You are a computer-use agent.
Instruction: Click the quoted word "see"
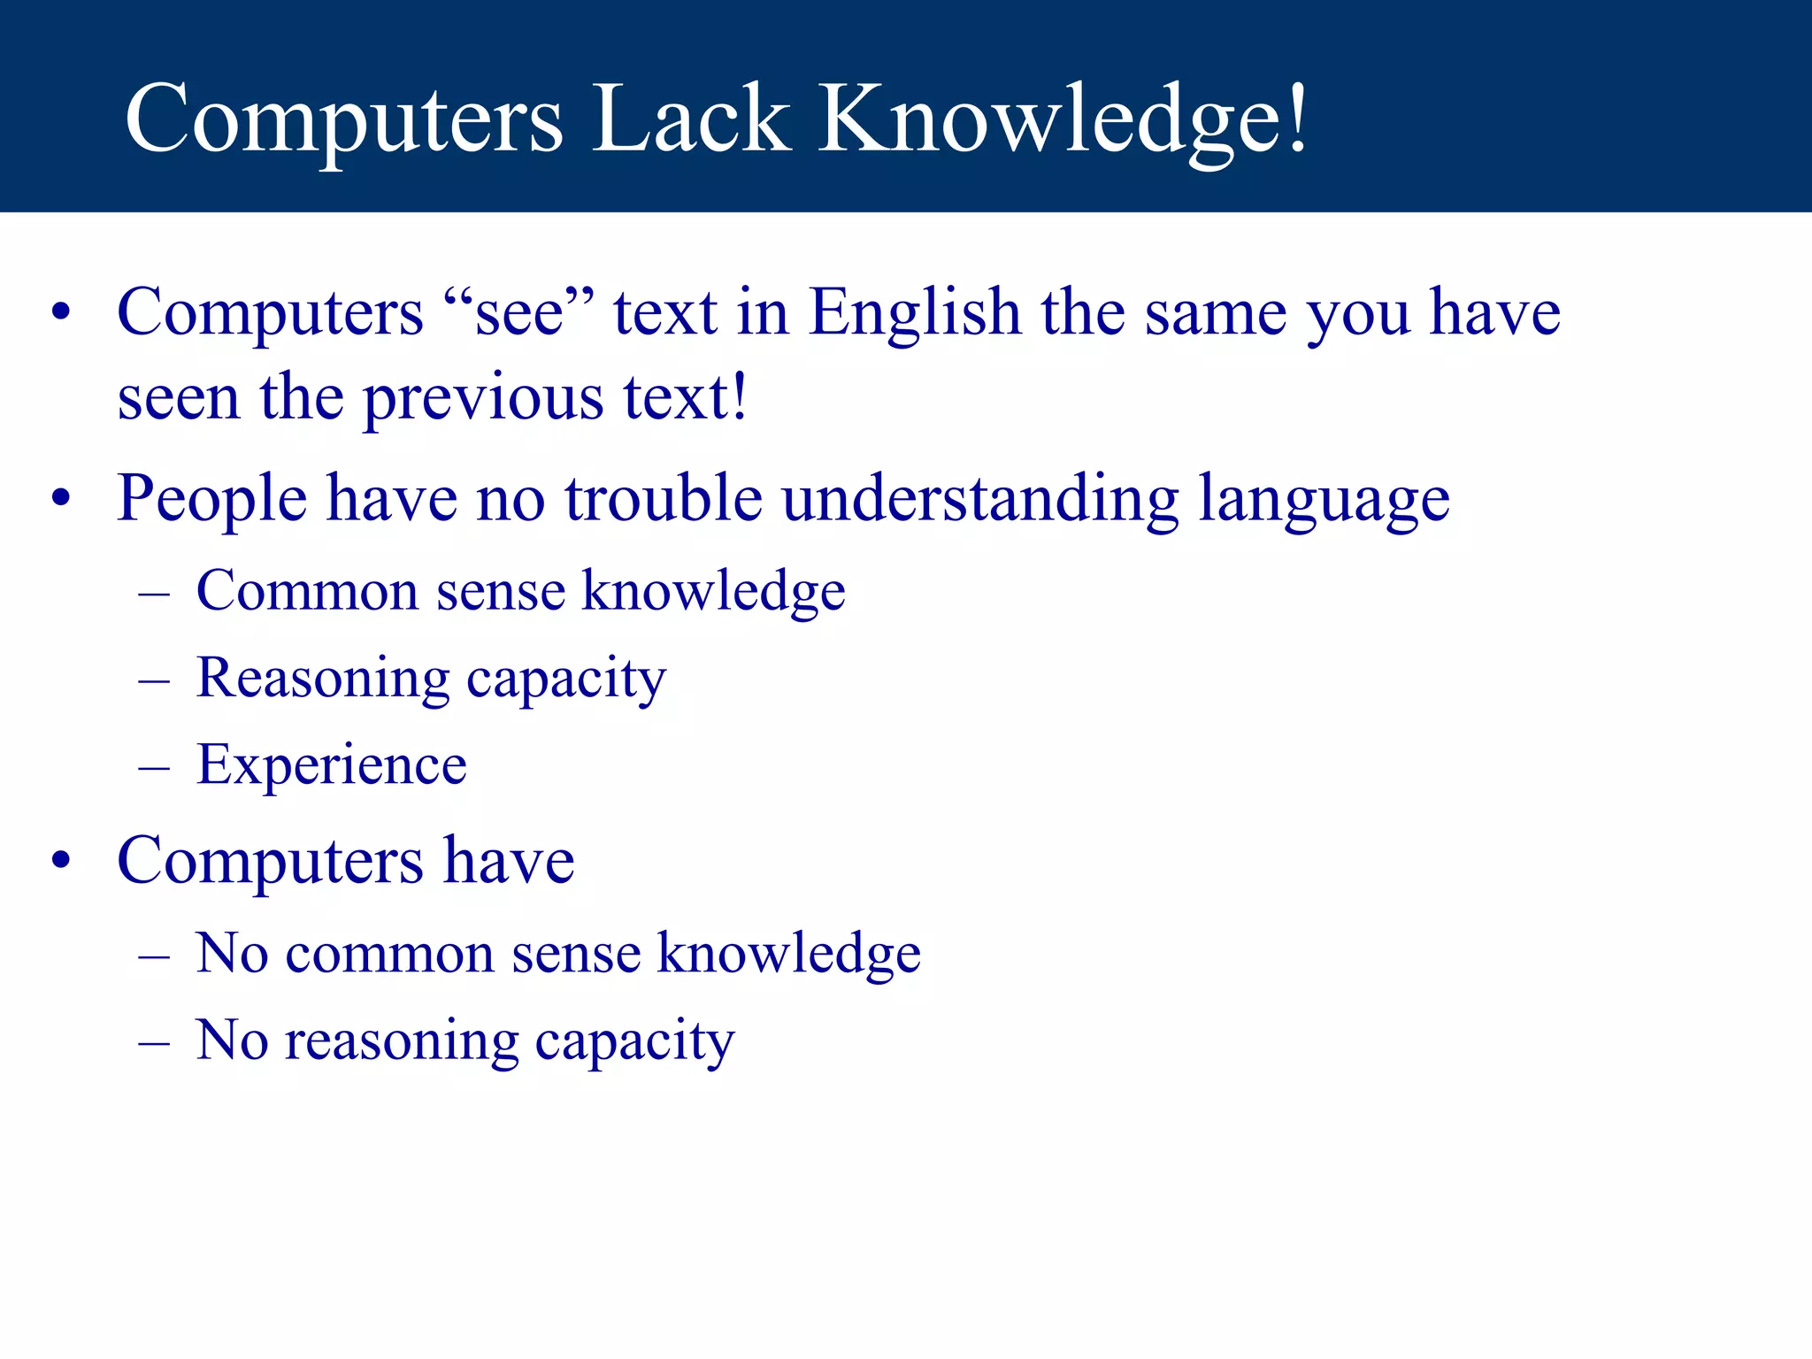point(518,313)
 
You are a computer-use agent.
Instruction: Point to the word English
point(915,315)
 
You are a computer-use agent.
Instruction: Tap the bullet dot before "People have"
point(60,499)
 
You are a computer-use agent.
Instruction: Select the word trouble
point(664,498)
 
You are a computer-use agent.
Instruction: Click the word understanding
point(980,498)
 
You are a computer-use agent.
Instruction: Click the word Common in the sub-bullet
point(307,591)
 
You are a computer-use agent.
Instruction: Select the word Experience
point(332,765)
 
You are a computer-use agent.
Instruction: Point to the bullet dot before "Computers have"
point(60,861)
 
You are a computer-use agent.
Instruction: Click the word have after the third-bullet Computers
point(509,861)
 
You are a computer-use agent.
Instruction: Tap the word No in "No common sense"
point(231,954)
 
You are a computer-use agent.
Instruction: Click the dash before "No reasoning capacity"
point(154,1042)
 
